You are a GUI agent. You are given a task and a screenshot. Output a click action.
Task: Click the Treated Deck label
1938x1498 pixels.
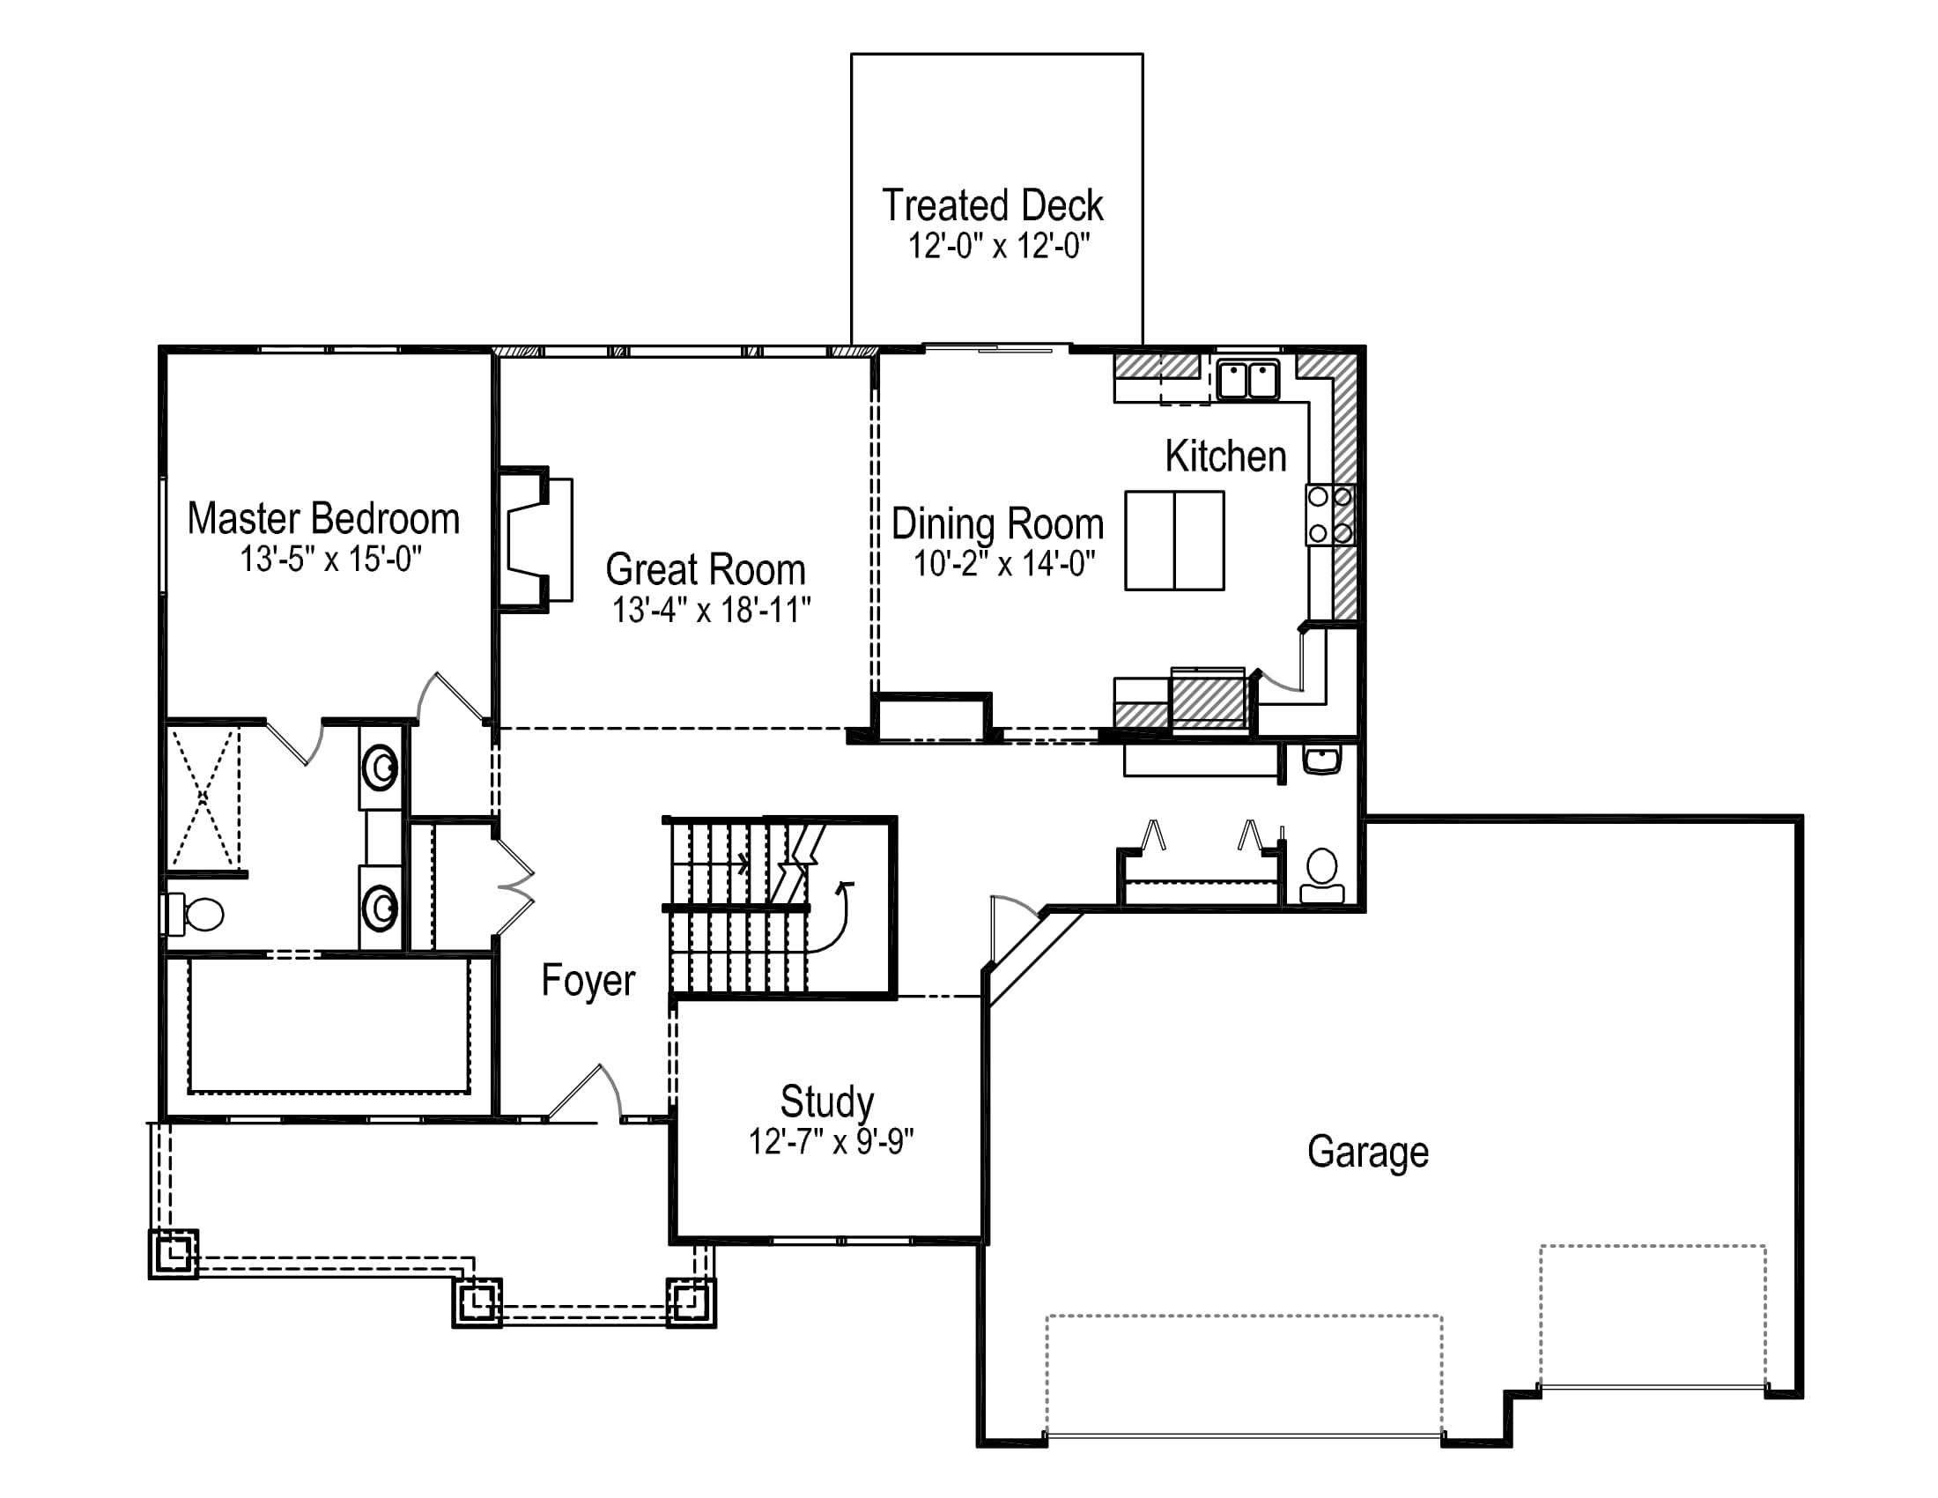(992, 205)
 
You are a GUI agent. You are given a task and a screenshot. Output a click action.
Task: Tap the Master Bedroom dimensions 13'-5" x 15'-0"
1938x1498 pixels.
(330, 559)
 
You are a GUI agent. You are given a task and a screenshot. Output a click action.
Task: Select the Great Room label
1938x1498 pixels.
(706, 569)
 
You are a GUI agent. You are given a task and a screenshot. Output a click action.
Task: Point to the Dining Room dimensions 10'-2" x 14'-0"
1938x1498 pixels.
(1004, 563)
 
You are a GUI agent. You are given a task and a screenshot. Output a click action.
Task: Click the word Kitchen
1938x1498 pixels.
(1225, 456)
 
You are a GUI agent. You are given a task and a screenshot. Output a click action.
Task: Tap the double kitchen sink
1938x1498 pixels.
(1247, 380)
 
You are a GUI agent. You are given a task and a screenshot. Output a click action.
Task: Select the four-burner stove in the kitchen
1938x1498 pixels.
(1329, 515)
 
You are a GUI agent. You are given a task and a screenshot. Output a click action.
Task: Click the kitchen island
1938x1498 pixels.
(1175, 540)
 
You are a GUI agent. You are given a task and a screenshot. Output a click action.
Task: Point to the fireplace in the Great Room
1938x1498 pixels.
(535, 538)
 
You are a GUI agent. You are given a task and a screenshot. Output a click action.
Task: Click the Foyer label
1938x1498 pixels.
(588, 981)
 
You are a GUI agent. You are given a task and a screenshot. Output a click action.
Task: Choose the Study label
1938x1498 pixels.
(827, 1101)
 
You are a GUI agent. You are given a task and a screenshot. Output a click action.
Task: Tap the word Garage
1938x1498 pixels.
(1367, 1152)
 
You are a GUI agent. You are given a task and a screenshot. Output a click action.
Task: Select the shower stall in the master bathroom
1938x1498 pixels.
(203, 797)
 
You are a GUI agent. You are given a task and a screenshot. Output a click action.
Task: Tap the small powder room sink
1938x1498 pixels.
(1322, 760)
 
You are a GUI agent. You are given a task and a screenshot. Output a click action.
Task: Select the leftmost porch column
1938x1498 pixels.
(174, 1254)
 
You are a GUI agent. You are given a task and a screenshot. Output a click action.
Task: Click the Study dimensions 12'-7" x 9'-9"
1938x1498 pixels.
(832, 1141)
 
